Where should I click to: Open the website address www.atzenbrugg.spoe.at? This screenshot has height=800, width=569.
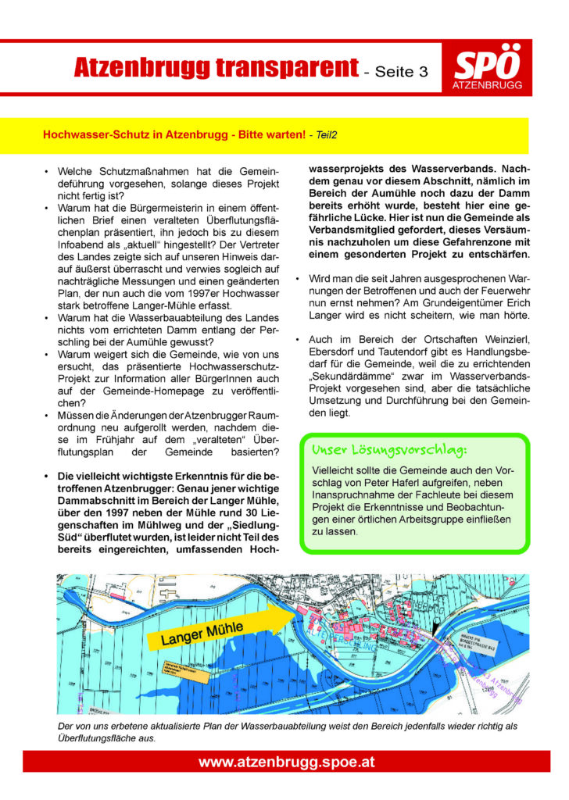(284, 762)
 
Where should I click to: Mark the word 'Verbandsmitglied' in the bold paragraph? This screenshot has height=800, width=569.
(352, 242)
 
